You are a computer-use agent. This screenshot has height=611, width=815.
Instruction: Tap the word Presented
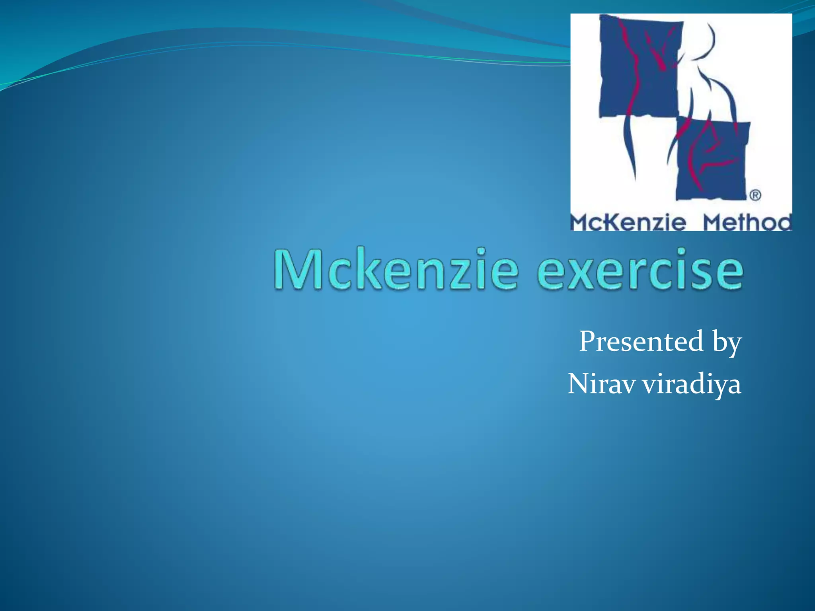(641, 341)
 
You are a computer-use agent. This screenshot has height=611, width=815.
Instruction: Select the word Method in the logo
(747, 222)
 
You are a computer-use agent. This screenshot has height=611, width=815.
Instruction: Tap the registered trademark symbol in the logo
(755, 195)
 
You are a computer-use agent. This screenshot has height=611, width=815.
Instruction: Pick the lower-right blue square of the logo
(712, 159)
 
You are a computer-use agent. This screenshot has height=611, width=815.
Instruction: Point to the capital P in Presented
(588, 341)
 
